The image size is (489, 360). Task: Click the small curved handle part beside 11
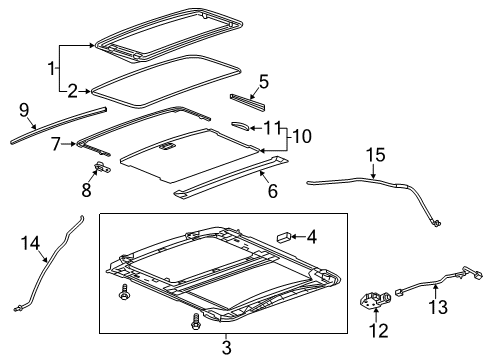point(241,125)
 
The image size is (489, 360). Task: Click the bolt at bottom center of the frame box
point(194,323)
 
